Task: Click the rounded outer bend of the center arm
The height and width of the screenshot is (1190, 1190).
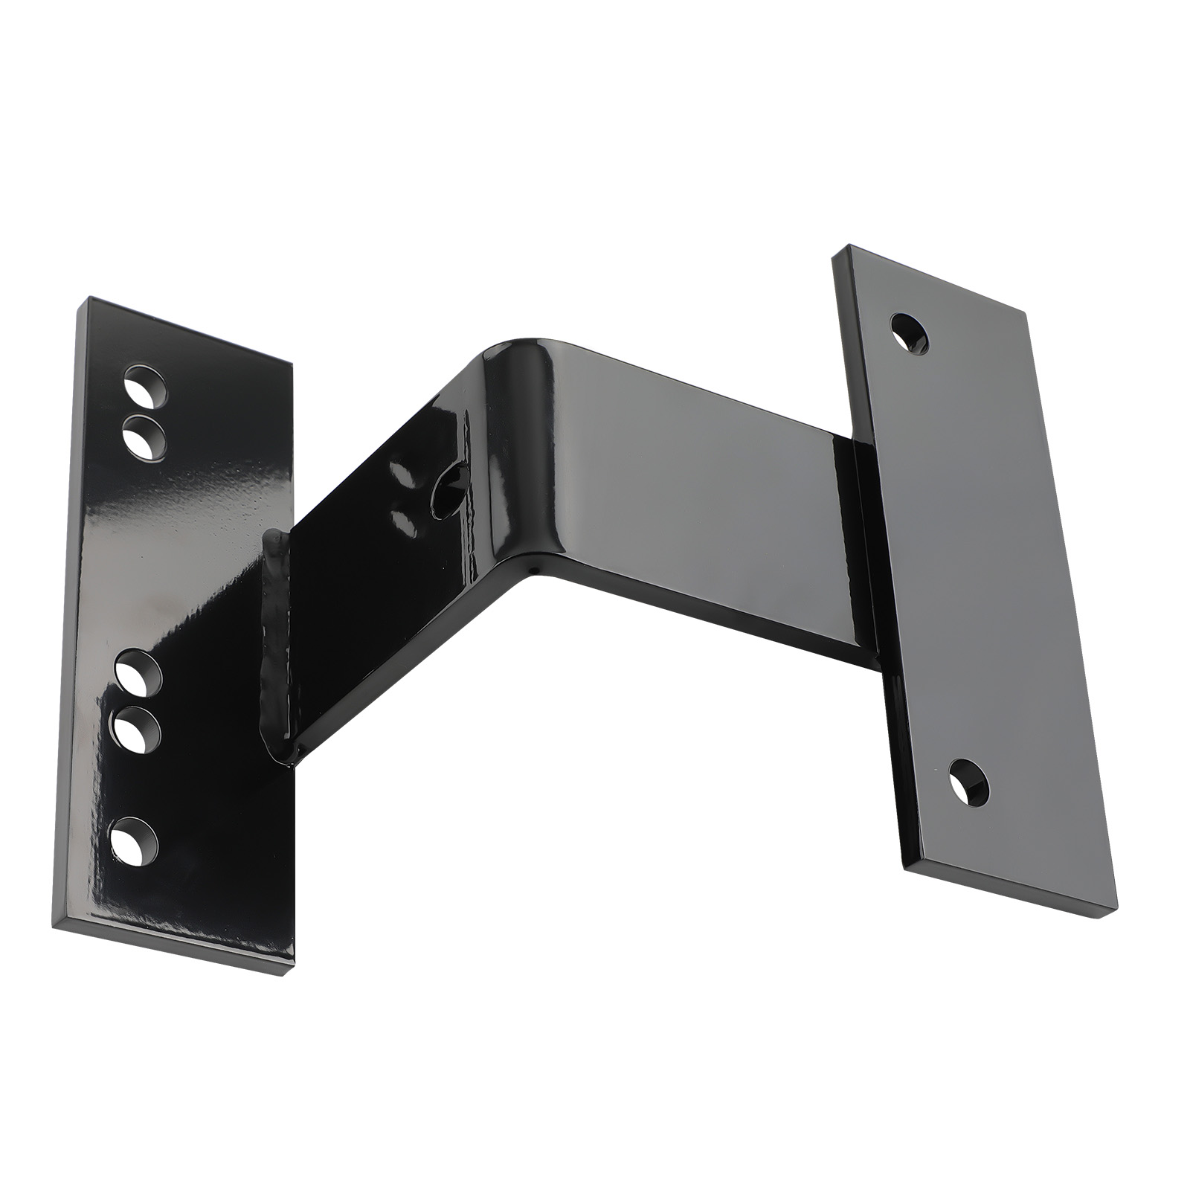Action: point(513,357)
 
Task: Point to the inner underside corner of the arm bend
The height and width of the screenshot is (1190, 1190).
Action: point(534,571)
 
